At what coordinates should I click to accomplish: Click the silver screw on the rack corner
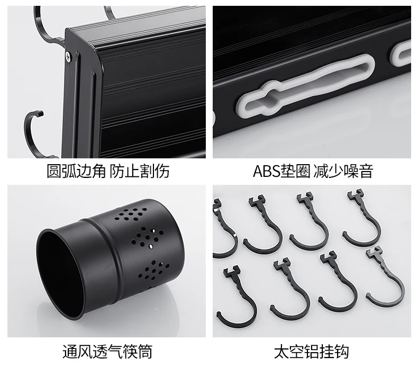[68, 57]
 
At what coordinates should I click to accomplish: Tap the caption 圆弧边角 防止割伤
[108, 171]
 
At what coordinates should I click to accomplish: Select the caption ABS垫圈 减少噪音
[313, 171]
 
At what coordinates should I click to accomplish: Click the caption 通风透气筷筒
[107, 352]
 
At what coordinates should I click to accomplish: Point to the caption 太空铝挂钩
[311, 352]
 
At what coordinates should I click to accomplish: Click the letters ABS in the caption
[266, 171]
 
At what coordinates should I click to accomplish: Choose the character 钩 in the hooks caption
[342, 352]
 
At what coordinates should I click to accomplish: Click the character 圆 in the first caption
[54, 171]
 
